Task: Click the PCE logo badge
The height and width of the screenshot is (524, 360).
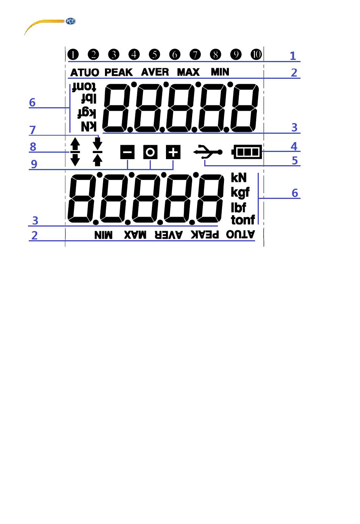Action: (x=70, y=21)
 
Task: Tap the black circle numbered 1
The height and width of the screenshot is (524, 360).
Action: (x=73, y=55)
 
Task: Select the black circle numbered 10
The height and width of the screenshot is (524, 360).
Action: (x=256, y=55)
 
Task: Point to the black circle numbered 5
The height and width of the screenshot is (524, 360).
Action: (x=154, y=55)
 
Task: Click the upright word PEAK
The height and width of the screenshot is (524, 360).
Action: (x=119, y=72)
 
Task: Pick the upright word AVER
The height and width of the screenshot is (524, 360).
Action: (x=155, y=72)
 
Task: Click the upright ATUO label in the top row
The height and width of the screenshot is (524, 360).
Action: (x=85, y=72)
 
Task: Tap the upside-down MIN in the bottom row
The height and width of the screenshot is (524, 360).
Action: (x=103, y=235)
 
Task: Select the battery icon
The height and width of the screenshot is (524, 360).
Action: (x=247, y=152)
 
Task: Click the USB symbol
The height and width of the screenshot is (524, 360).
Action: (x=208, y=152)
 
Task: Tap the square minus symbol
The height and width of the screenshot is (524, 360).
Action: (x=127, y=152)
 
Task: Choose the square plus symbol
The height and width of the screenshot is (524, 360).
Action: (x=173, y=152)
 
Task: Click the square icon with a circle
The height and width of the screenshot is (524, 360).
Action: (x=150, y=152)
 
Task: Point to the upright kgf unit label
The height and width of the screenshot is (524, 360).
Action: (x=240, y=192)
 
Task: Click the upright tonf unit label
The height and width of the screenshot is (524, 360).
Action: (x=243, y=220)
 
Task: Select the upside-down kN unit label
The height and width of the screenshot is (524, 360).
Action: (x=89, y=127)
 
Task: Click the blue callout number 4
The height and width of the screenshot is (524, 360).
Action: (x=294, y=146)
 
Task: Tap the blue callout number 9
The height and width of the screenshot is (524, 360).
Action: (x=34, y=164)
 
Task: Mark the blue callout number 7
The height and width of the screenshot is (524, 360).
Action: (x=33, y=130)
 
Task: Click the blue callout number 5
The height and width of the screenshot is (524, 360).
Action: (x=295, y=161)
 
